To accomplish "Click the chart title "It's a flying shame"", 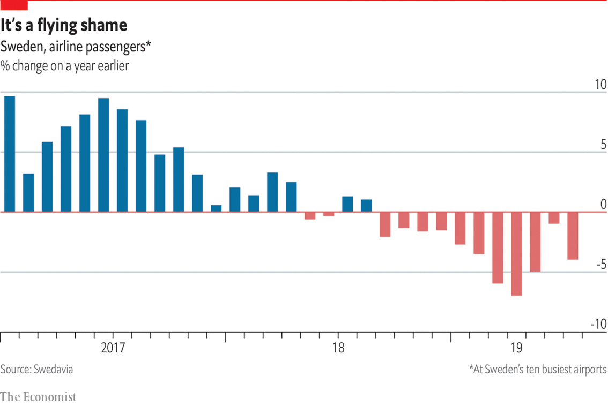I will [64, 25].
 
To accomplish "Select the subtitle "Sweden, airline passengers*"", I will [76, 47].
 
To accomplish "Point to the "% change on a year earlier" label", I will [64, 66].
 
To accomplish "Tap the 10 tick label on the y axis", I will [599, 85].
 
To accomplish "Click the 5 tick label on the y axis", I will [603, 145].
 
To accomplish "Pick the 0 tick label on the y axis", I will [603, 205].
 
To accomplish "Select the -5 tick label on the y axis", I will [600, 265].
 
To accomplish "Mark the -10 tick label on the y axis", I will [598, 325].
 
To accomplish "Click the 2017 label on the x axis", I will [113, 348].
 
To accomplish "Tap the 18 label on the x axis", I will [338, 348].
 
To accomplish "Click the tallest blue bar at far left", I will [10, 154].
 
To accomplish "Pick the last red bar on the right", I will [573, 236].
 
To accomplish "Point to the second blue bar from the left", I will [28, 192].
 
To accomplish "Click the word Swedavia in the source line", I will [53, 370].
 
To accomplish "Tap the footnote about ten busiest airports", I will [538, 370].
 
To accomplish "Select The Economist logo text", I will [39, 397].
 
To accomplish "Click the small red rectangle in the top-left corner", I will [13, 5].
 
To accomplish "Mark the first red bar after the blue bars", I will [310, 215].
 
